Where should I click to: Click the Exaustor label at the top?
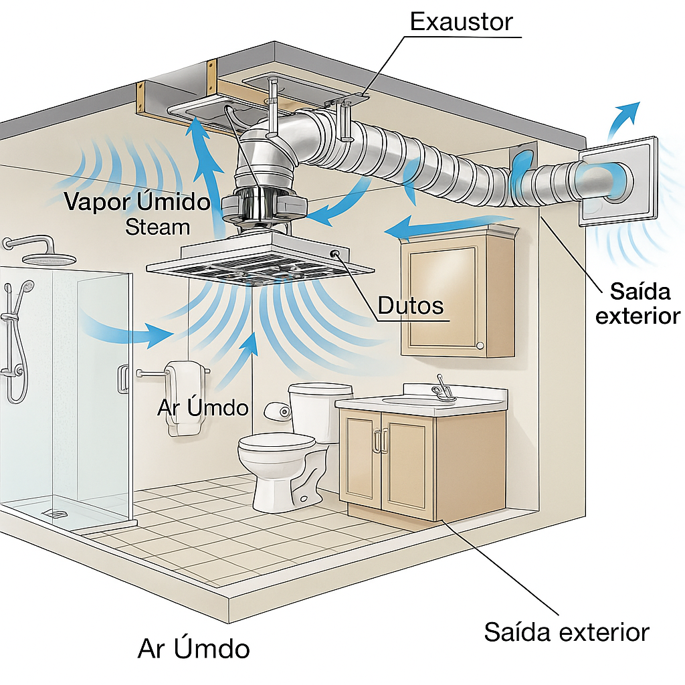pyautogui.click(x=461, y=22)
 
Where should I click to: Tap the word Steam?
pyautogui.click(x=158, y=227)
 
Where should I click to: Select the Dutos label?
pyautogui.click(x=411, y=306)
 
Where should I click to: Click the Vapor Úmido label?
pyautogui.click(x=138, y=201)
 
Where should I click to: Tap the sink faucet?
pyautogui.click(x=442, y=389)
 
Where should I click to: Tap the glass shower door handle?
pyautogui.click(x=124, y=379)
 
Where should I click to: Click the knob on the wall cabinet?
pyautogui.click(x=479, y=345)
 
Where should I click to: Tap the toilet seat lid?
pyautogui.click(x=276, y=442)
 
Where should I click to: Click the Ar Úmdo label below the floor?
pyautogui.click(x=194, y=648)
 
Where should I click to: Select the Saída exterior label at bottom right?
pyautogui.click(x=567, y=632)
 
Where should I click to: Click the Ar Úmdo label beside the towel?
pyautogui.click(x=203, y=407)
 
